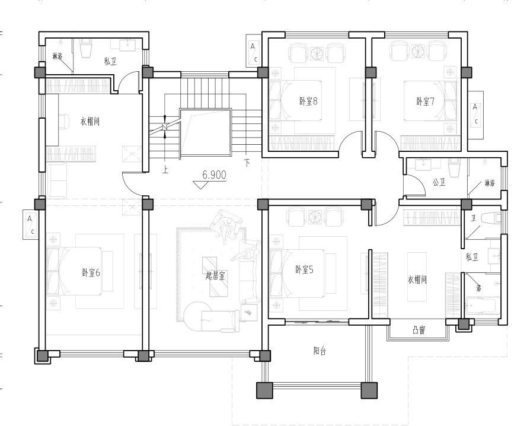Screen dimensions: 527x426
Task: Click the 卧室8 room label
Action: pos(308,101)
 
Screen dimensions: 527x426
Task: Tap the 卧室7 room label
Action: pos(425,101)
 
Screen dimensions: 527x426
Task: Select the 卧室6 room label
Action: pos(91,272)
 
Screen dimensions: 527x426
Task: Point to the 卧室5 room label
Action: pos(304,269)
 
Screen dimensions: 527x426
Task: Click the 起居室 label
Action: pos(215,276)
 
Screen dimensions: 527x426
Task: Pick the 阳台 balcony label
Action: pos(320,351)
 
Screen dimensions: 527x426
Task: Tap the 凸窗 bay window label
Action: pos(419,330)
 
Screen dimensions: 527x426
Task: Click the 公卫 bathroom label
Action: pos(439,182)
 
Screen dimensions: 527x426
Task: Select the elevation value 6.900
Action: pos(214,175)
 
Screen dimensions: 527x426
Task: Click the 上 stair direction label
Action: pos(165,169)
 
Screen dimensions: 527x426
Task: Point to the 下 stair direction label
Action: pos(247,163)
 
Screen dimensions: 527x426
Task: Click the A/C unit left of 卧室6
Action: pos(30,224)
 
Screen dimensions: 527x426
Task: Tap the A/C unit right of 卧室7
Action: pos(475,115)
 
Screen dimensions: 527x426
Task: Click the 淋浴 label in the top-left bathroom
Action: pos(58,56)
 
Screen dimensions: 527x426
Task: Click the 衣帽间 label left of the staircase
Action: pos(90,121)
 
